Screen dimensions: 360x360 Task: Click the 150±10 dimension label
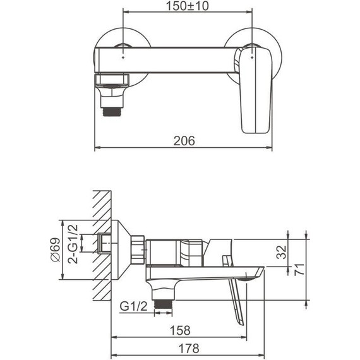187,6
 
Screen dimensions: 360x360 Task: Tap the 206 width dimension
184,141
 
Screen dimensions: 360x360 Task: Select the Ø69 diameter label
56,249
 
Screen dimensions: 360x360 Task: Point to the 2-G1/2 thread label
73,244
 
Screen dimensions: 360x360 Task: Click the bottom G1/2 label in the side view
133,306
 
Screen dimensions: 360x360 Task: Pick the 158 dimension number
180,330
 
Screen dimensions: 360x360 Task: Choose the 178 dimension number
189,348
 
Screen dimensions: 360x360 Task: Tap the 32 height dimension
282,253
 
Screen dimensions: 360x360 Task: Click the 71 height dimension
299,269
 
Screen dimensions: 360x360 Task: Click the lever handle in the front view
255,91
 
